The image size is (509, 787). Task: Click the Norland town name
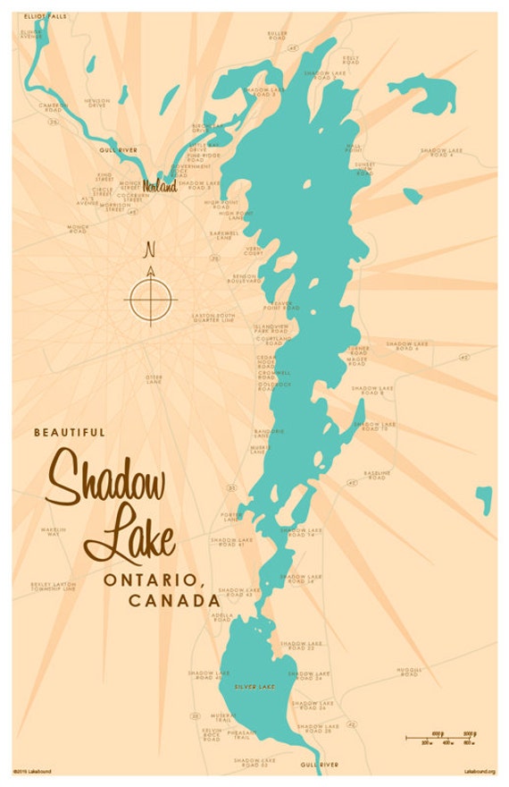160,187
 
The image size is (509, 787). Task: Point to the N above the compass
150,249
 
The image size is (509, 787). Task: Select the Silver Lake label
250,686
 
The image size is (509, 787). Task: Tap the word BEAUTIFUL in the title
70,433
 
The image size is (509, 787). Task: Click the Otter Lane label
154,378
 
